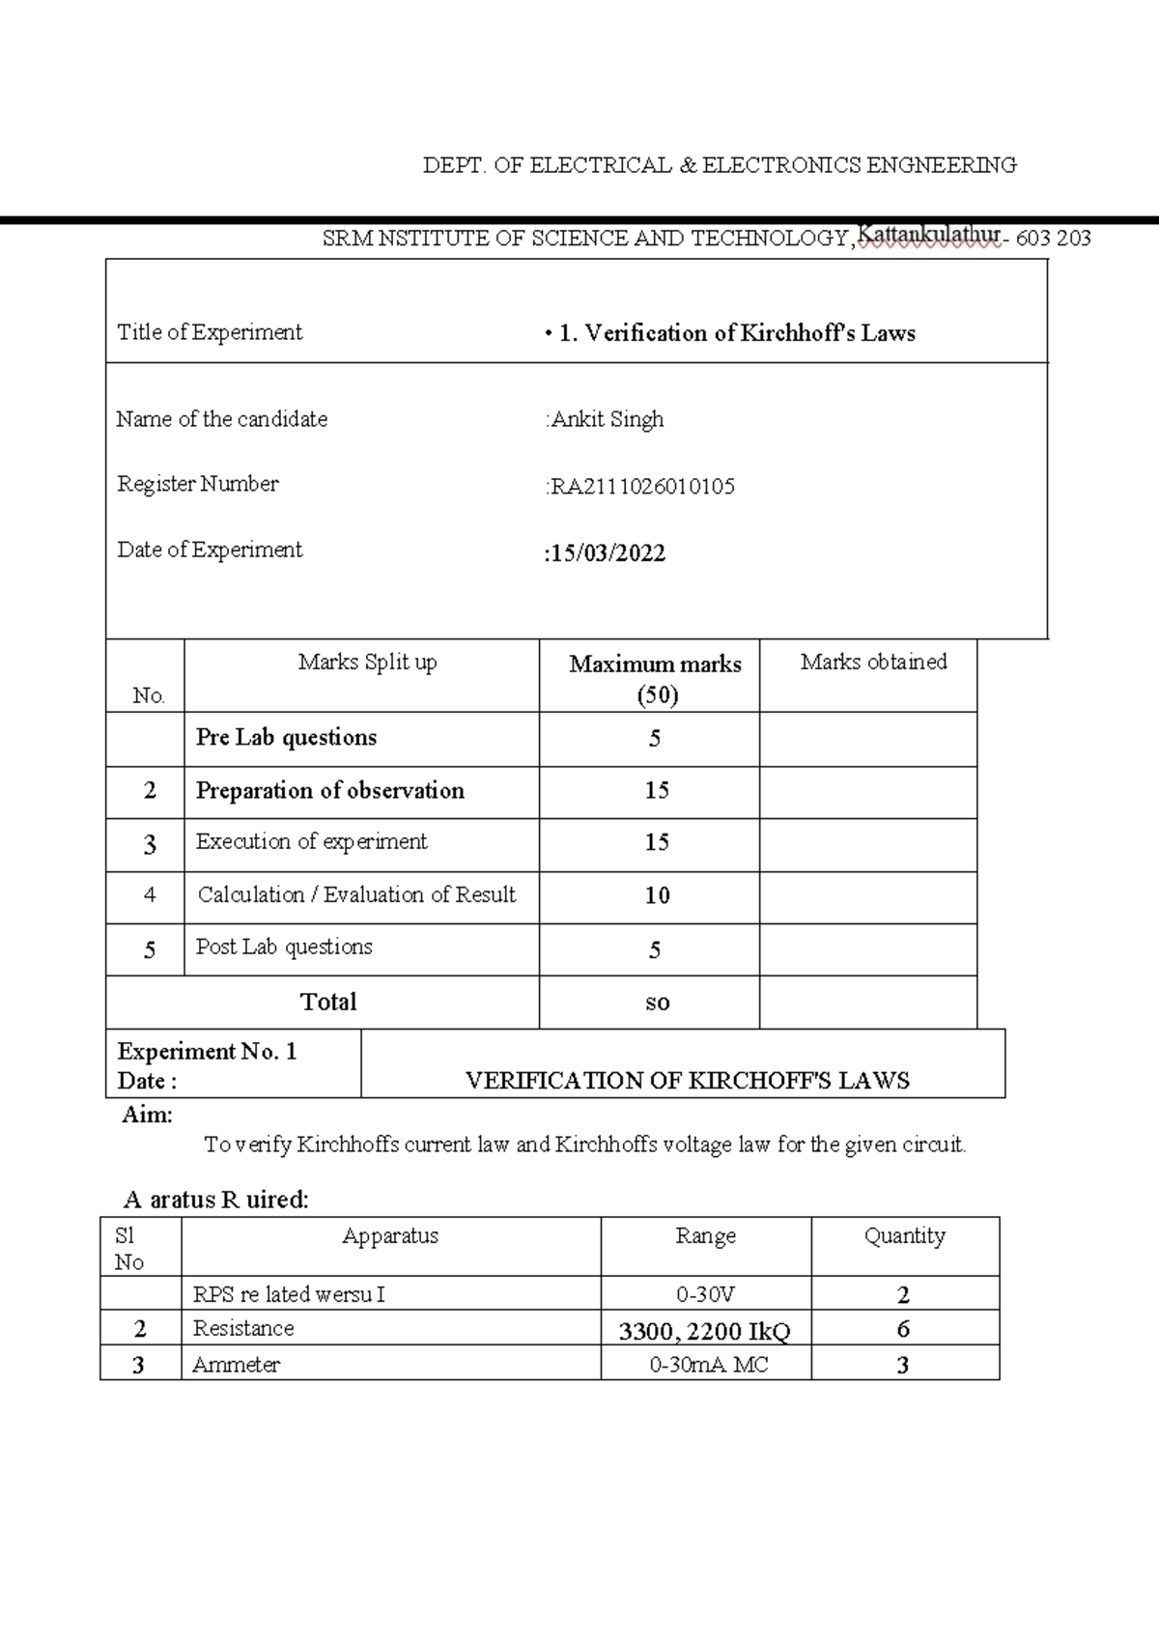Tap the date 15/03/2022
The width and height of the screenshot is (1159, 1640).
point(607,553)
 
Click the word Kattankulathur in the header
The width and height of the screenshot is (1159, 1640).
point(928,235)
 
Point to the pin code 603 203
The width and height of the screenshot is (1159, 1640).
point(1054,238)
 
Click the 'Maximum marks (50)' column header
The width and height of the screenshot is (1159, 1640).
point(656,678)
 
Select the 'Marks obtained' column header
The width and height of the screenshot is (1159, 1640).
point(873,663)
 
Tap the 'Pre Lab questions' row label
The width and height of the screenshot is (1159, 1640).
point(286,738)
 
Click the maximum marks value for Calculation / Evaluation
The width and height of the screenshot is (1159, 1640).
point(657,896)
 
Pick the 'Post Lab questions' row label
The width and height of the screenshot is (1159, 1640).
point(284,947)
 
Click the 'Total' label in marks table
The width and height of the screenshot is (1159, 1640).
point(328,1002)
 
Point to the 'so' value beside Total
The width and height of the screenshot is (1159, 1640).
point(657,1003)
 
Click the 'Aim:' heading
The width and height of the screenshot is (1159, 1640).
point(147,1116)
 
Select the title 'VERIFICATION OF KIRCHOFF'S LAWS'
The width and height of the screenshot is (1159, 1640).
point(687,1081)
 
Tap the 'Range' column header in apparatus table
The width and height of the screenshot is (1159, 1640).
point(705,1236)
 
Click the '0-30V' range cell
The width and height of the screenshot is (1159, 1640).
point(706,1294)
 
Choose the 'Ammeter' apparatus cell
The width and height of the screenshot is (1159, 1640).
point(236,1365)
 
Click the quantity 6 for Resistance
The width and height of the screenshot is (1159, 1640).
point(903,1330)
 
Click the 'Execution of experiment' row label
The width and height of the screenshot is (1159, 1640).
point(311,842)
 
